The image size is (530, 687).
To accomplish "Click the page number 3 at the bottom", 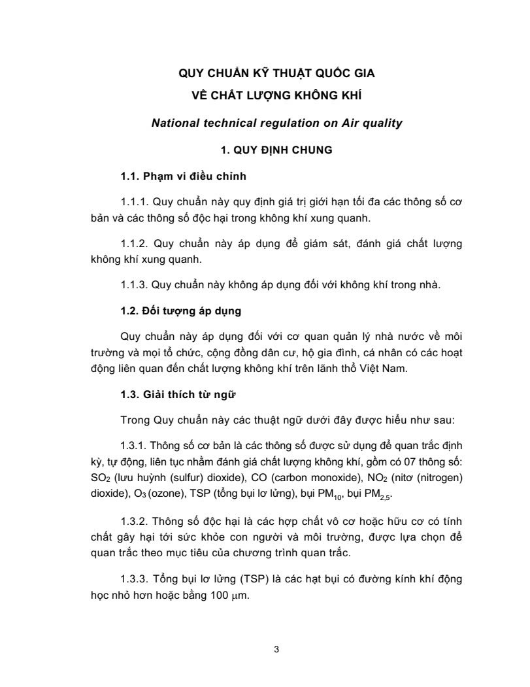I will pos(277,649).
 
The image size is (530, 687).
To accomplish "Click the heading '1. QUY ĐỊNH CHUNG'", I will pos(277,150).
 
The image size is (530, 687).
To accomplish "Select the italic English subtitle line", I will pos(277,122).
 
